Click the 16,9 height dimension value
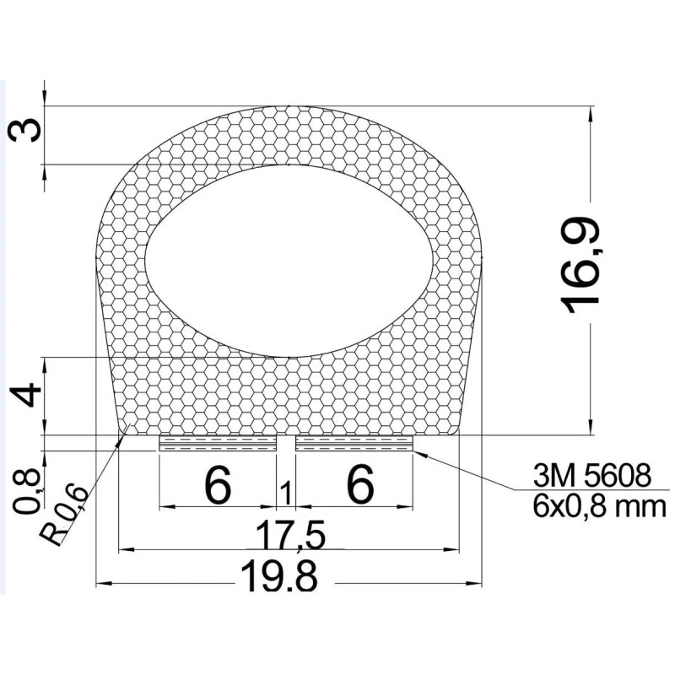pos(585,266)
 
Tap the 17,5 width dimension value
pos(289,534)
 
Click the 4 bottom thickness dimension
pos(28,394)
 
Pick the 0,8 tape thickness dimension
pos(27,492)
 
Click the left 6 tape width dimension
pos(217,486)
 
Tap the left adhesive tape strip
pos(218,444)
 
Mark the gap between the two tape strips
pos(286,444)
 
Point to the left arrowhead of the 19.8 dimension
pos(103,583)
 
